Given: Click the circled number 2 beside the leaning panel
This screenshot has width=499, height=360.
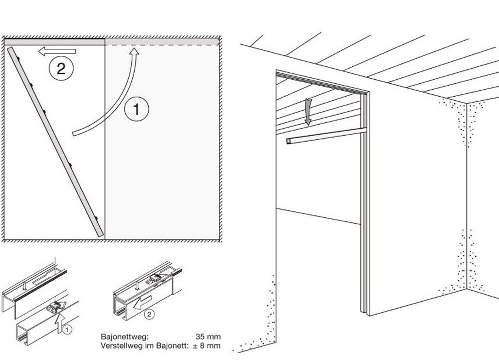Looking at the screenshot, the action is pos(61,68).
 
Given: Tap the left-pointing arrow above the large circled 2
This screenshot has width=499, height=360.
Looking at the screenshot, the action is pos(57,51).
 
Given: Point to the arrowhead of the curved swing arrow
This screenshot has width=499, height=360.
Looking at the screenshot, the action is pos(135,53).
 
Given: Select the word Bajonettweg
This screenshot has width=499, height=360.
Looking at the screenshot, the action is pos(124,337).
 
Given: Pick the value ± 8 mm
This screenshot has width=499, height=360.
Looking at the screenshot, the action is pos(207,346).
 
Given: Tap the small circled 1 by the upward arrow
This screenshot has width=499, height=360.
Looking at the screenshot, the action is pos(67,330).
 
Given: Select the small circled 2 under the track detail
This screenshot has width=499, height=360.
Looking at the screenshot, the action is pos(149,314).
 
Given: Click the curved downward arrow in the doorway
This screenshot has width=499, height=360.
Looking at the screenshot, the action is pos(308,111).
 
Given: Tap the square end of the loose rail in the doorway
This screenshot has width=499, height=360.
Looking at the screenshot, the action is pos(288,141).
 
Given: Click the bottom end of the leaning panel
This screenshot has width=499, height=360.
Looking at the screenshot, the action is pos(101,236).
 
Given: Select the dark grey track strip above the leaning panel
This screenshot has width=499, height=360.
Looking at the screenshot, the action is pos(54,42).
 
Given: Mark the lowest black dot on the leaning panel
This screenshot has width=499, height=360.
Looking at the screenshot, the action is pos(96,218).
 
